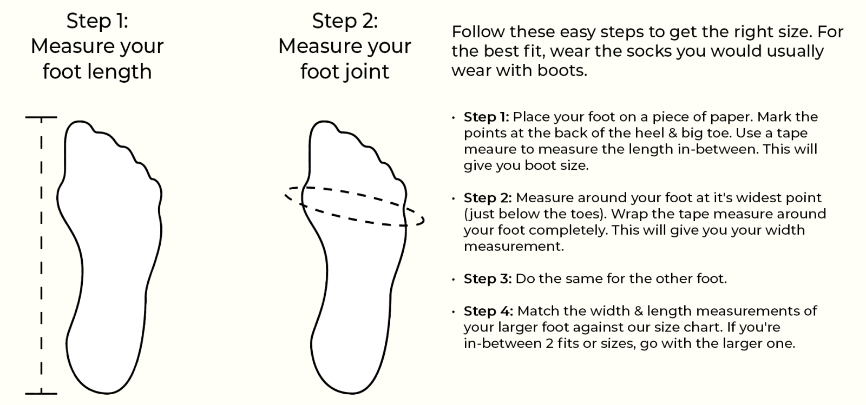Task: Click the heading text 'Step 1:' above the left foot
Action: (x=97, y=21)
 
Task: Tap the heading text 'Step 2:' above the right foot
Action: (x=345, y=21)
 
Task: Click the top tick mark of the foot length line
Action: (x=41, y=117)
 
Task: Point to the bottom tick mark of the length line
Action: (x=41, y=394)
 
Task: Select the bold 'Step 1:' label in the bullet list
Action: (x=487, y=117)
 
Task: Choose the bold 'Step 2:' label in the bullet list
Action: (x=488, y=198)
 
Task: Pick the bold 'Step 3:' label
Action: (x=488, y=279)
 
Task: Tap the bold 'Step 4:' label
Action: (x=488, y=311)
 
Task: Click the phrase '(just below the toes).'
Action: (x=535, y=214)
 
